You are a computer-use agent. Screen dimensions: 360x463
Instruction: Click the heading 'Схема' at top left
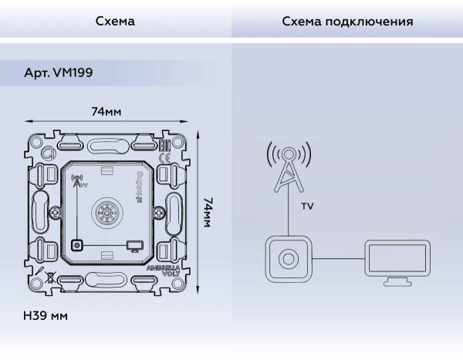point(115,22)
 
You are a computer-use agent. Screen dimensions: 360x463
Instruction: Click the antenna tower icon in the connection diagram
point(289,168)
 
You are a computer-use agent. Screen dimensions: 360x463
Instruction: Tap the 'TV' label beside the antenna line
point(307,207)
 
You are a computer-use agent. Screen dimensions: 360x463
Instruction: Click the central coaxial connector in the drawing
point(106,210)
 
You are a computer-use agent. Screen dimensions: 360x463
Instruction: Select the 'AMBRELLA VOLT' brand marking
point(163,270)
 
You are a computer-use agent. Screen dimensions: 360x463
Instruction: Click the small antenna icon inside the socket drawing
point(76,182)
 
